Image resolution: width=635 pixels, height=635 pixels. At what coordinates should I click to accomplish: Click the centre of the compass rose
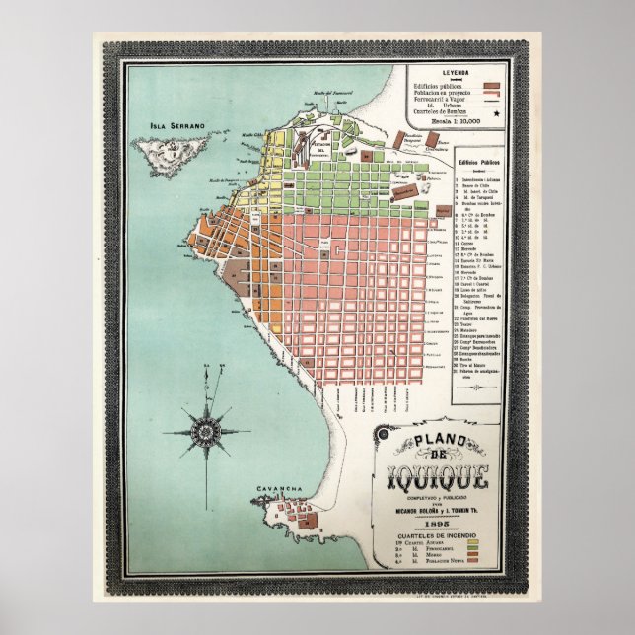[x=207, y=429]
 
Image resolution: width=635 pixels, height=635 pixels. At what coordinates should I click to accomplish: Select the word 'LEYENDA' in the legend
[x=456, y=74]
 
